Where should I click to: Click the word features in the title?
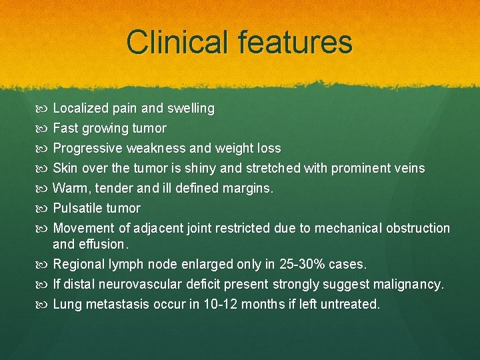pyautogui.click(x=292, y=42)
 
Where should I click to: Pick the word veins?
pyautogui.click(x=409, y=168)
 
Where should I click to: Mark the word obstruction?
pyautogui.click(x=418, y=228)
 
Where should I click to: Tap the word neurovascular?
pyautogui.click(x=139, y=285)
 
